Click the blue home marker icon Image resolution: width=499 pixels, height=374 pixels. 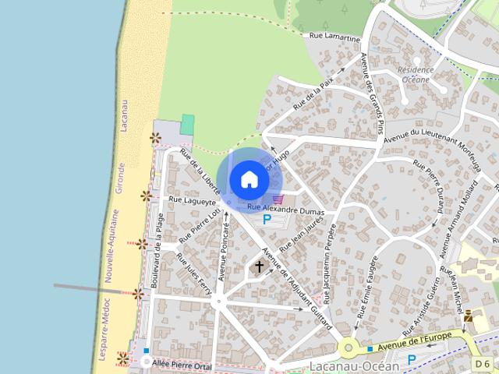(x=249, y=179)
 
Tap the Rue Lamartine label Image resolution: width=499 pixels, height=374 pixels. (x=334, y=37)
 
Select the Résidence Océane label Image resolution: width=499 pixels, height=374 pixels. (x=415, y=75)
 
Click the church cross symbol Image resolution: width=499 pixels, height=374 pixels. (x=258, y=267)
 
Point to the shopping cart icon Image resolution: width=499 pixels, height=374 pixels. (x=278, y=200)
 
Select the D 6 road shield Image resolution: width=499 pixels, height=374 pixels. (x=483, y=364)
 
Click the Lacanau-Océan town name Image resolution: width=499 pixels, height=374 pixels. (x=354, y=365)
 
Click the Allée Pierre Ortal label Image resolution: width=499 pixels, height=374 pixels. (x=183, y=364)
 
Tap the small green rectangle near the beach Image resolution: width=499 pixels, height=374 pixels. (x=187, y=124)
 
